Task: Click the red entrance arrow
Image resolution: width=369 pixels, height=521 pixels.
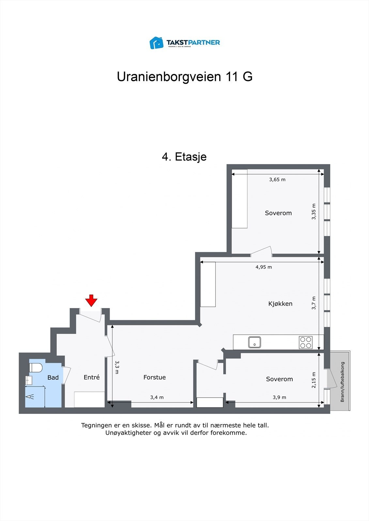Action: pos(91,300)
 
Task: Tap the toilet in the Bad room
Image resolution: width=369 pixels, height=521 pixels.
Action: pos(36,368)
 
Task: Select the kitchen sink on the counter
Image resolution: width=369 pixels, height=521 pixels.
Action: pos(254,342)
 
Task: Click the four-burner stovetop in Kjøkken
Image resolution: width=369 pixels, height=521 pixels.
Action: pos(306,342)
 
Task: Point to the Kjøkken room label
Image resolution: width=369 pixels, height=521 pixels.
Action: pos(280,304)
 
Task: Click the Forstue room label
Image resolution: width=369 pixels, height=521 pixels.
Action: pos(155,377)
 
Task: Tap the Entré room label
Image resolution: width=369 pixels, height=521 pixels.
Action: pos(92,377)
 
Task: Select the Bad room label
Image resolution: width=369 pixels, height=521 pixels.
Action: pos(53,378)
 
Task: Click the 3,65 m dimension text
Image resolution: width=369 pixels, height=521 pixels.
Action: pos(277,179)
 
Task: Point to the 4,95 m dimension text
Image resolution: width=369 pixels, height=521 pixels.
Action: pos(264,267)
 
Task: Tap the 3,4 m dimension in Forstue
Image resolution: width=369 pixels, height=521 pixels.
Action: pos(157,397)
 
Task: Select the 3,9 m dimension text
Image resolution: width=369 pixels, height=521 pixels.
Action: pos(279,397)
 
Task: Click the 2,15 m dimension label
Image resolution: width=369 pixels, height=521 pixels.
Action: pos(314,380)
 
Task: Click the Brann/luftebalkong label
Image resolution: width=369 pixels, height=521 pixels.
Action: pos(342,382)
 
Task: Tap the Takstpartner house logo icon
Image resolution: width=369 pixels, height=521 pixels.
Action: pos(156,43)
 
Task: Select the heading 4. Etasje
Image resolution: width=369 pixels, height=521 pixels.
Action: pos(184,157)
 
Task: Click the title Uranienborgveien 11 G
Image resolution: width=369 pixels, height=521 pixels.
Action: pos(185,77)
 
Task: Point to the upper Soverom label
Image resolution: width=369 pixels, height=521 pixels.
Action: pos(278,213)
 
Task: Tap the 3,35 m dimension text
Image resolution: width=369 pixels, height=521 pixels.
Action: pos(314,212)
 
